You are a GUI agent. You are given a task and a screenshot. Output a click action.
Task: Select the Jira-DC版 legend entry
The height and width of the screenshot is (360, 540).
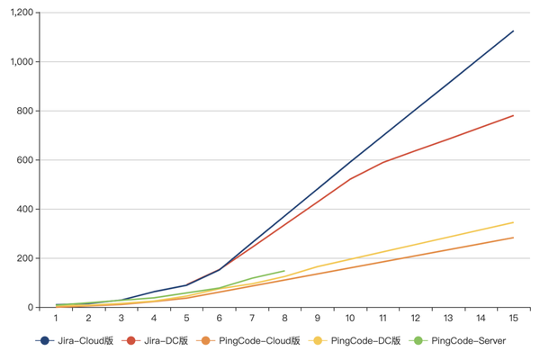157,341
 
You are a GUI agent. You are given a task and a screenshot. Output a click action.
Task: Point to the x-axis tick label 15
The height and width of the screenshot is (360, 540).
513,319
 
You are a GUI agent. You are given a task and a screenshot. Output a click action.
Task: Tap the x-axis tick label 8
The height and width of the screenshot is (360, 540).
284,319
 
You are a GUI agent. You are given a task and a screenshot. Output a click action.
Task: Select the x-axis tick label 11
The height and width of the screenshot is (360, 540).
382,319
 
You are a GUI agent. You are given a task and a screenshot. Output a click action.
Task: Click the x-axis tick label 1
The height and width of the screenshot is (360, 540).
56,319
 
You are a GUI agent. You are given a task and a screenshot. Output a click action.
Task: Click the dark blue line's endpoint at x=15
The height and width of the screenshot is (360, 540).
513,31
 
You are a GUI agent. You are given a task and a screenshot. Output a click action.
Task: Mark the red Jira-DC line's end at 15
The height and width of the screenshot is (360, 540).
513,115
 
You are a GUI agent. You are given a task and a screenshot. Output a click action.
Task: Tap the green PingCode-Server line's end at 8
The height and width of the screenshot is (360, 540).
284,271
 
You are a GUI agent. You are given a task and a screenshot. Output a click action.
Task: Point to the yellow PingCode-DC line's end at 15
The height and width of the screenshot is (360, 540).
513,222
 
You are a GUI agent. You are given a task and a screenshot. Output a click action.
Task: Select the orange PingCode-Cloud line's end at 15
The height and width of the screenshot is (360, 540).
513,238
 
